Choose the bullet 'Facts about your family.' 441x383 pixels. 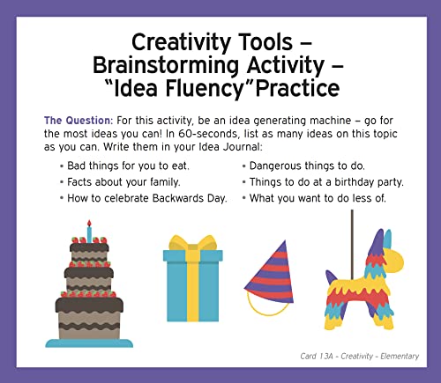tap(120, 181)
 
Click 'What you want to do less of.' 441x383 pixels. tap(317, 197)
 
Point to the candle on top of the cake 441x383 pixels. tap(88, 232)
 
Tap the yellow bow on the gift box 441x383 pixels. tap(192, 244)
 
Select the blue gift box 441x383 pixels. tap(192, 291)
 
